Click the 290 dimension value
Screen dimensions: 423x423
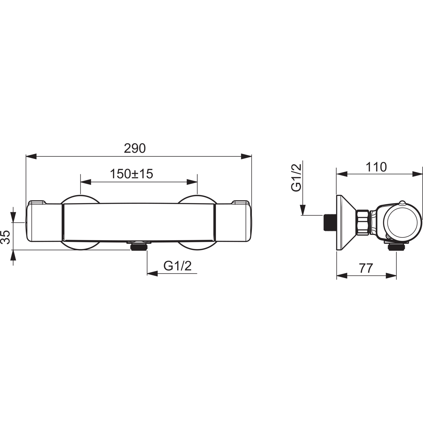(135, 148)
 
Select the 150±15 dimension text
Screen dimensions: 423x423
(131, 174)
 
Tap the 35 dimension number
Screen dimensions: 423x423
(6, 237)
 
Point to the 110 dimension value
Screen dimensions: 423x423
(376, 167)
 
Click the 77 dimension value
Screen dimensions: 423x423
(366, 268)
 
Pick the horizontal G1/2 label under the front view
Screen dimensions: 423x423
(178, 266)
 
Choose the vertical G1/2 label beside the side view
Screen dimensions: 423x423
(297, 178)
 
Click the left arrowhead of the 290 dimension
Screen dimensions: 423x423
(31, 157)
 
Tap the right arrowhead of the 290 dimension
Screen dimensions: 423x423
(246, 157)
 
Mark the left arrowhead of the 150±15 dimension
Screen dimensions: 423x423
(86, 182)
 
